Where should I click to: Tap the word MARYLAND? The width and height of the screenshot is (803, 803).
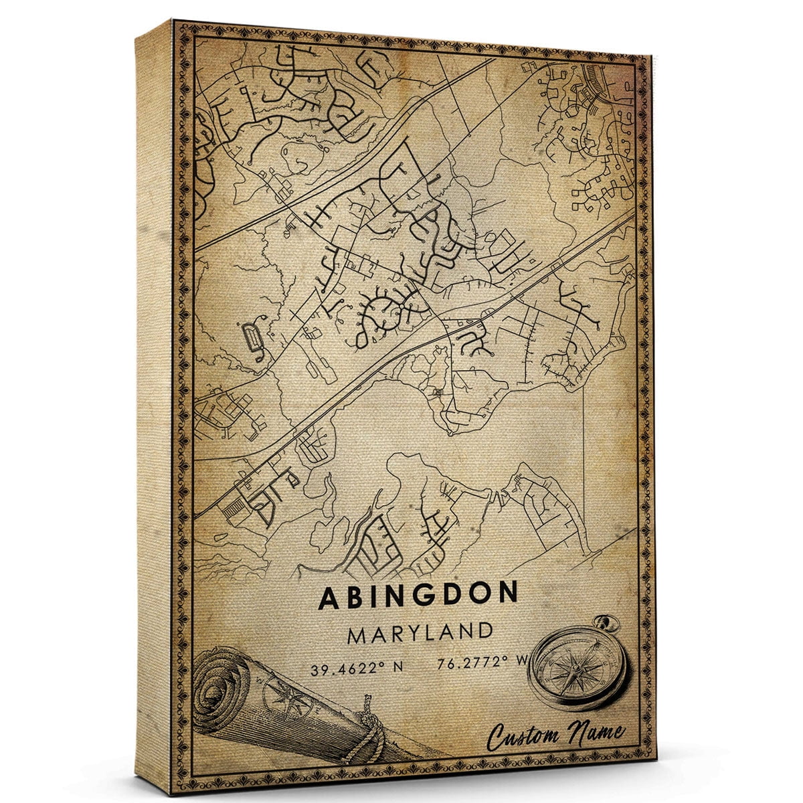click(420, 632)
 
